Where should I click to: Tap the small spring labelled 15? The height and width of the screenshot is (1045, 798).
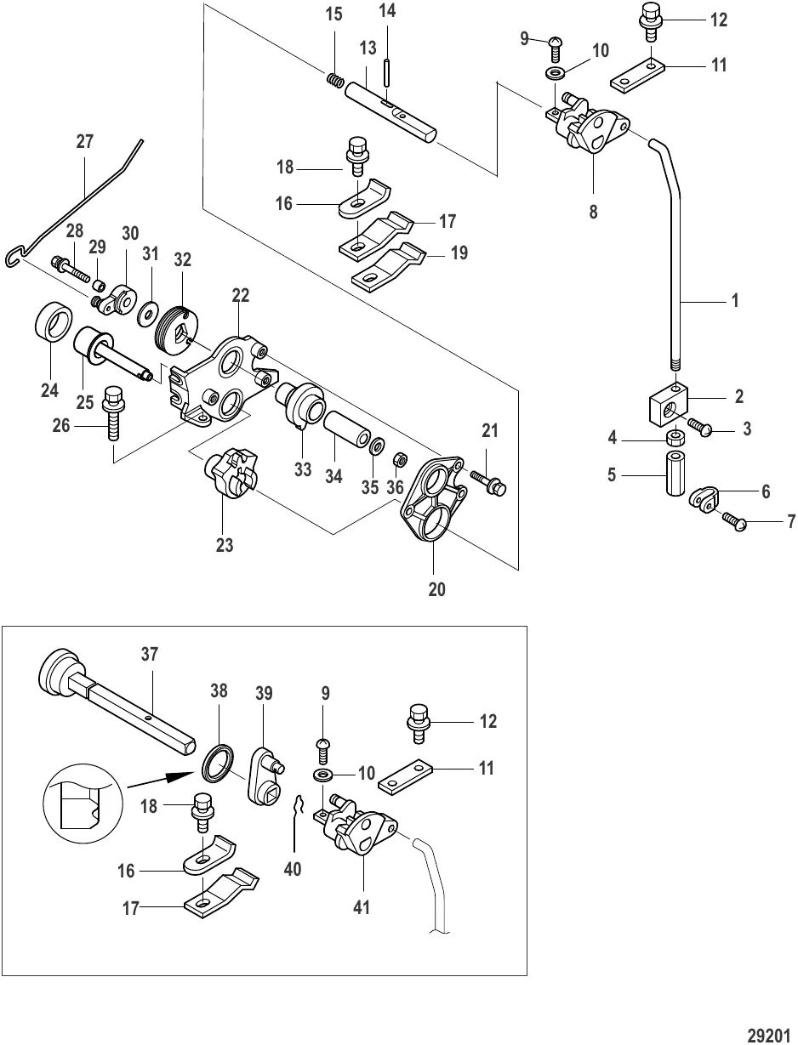point(335,80)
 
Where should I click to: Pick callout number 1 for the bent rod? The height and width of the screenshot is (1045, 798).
point(735,301)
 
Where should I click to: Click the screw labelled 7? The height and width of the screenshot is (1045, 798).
point(735,521)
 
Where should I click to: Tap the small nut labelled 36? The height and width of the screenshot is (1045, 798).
point(397,460)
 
